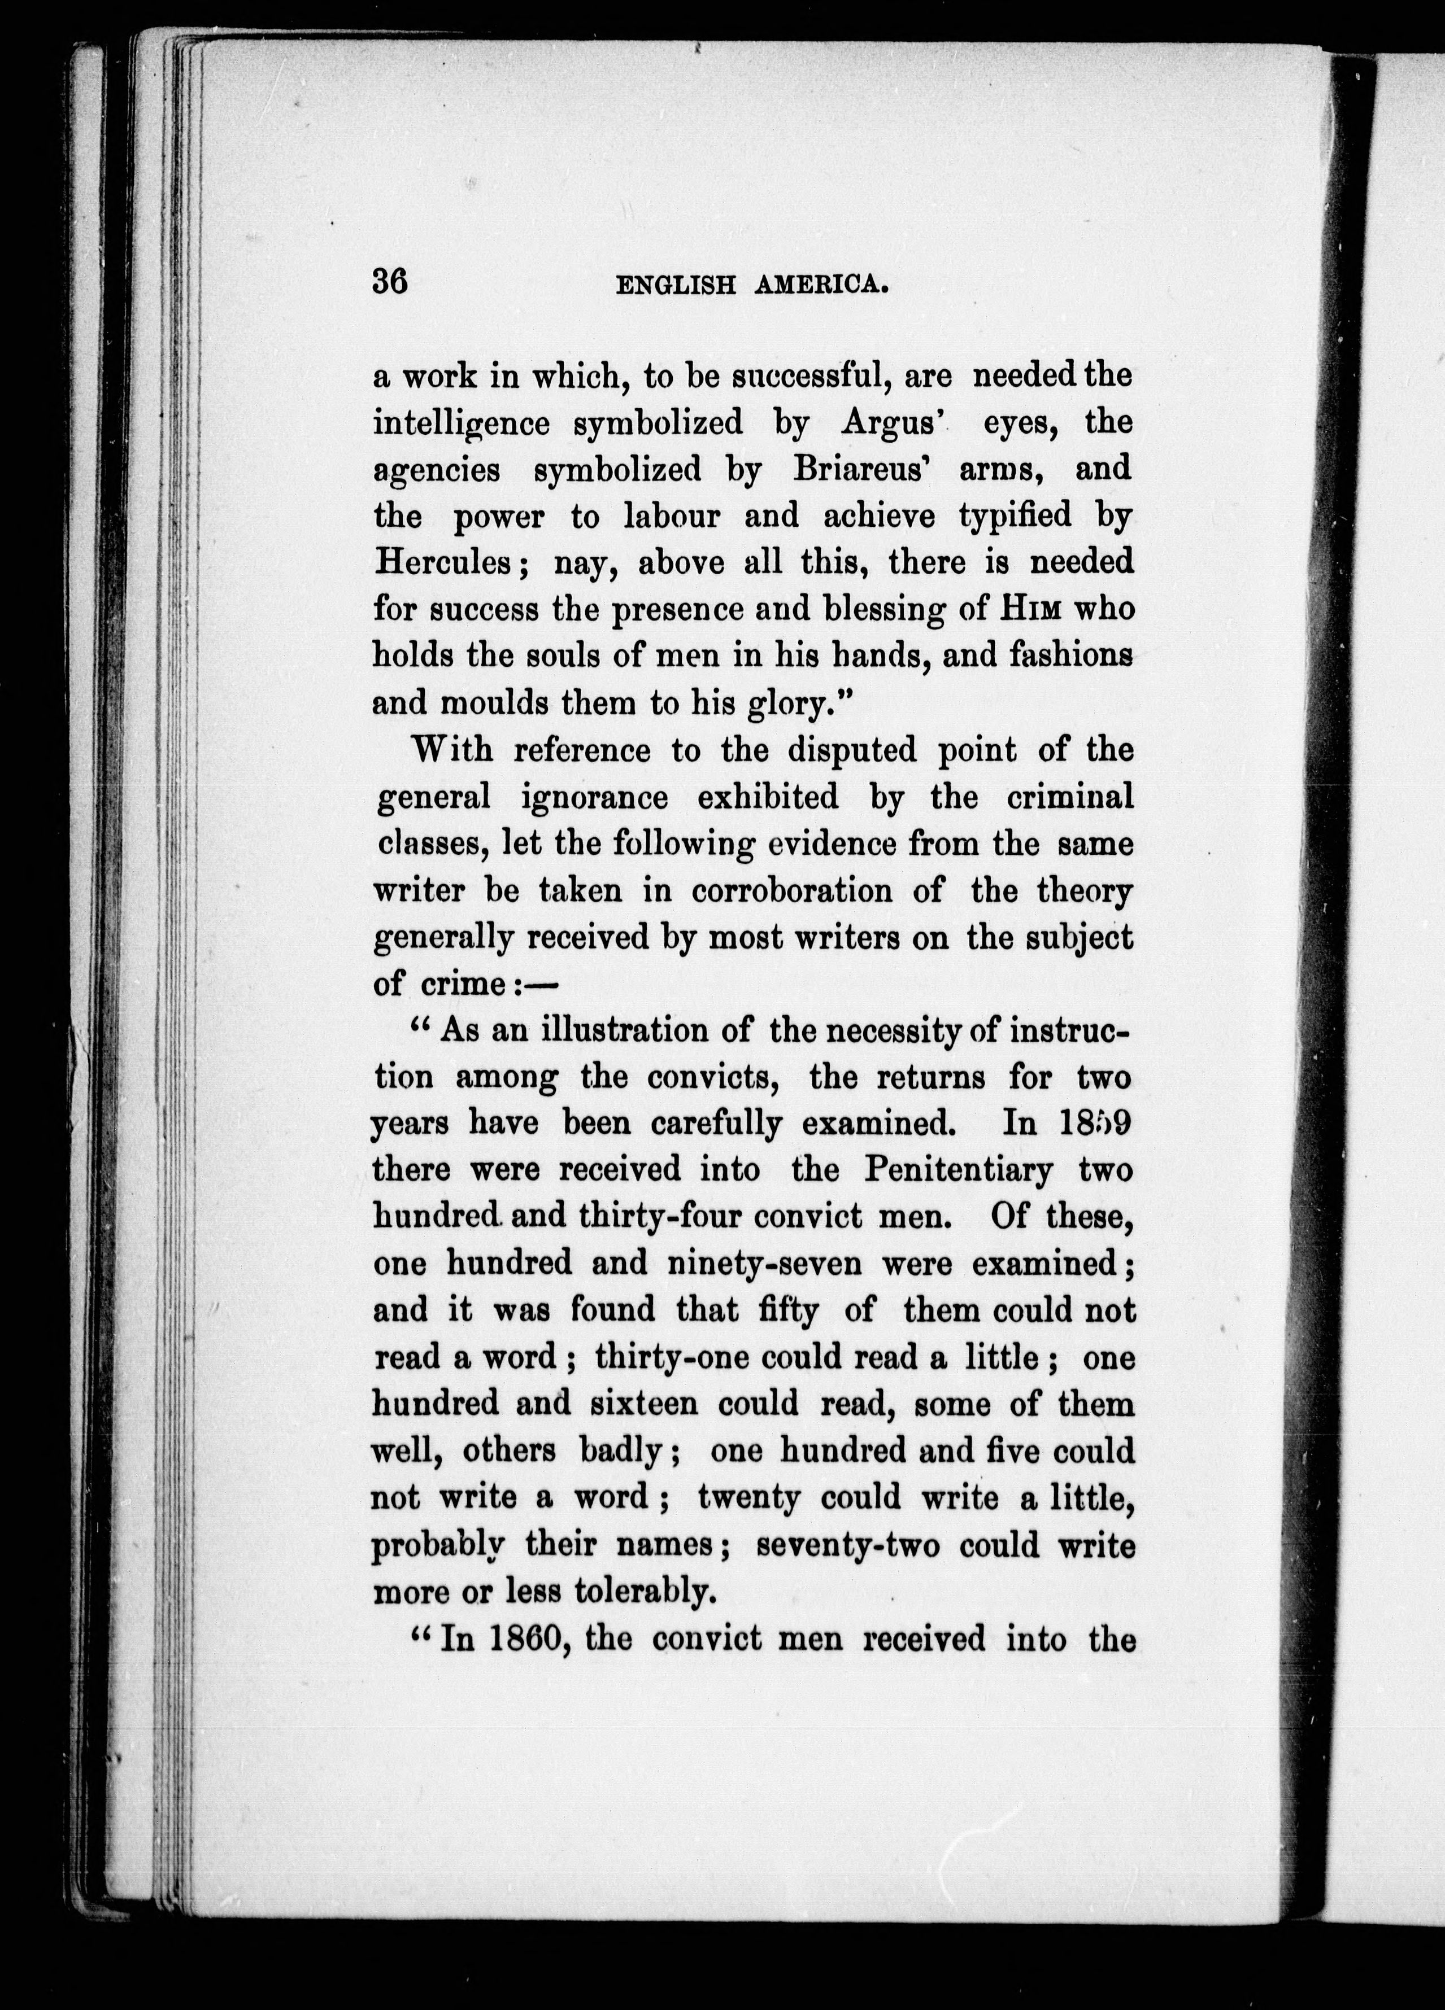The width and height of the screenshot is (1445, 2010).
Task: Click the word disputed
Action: tap(855, 751)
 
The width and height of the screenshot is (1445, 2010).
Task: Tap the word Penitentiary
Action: tap(958, 1170)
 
